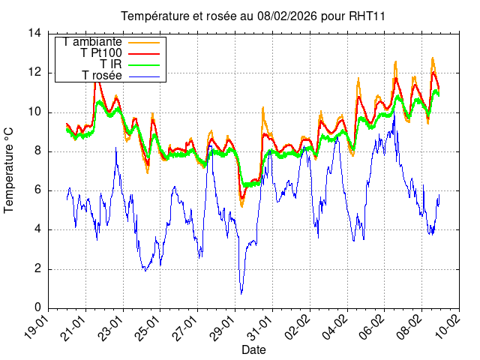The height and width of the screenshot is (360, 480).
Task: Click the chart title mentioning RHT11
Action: click(x=247, y=16)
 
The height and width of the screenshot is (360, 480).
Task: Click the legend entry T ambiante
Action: click(x=93, y=42)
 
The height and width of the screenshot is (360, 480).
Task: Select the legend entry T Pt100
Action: click(x=101, y=53)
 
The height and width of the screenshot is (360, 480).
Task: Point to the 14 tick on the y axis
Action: click(x=34, y=33)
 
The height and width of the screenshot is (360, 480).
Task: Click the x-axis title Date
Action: click(x=253, y=350)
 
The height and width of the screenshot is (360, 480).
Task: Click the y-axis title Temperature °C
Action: click(x=10, y=170)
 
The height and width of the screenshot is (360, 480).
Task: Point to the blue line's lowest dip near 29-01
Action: click(x=241, y=293)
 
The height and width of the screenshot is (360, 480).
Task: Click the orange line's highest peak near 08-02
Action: click(x=432, y=58)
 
